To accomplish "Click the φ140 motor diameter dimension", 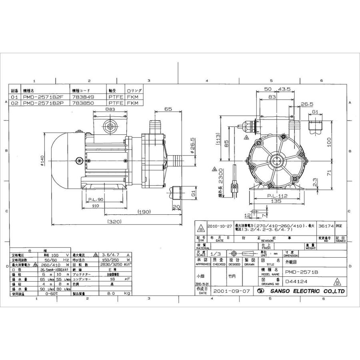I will tap(43, 161).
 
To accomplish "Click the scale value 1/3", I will tap(216, 254).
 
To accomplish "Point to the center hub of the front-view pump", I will tap(276, 161).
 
